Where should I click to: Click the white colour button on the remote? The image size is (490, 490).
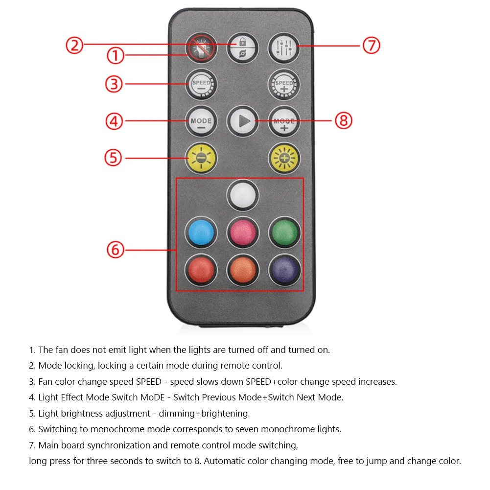[243, 195]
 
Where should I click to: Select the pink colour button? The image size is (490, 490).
[243, 232]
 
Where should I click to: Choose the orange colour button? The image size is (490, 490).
[243, 269]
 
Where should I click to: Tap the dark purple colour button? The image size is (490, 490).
[284, 269]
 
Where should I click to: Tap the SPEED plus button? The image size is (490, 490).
[284, 85]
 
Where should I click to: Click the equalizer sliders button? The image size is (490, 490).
[284, 47]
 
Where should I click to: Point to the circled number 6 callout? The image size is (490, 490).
[116, 250]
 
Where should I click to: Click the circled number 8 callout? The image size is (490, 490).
[344, 120]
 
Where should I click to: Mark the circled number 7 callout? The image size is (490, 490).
[371, 46]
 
